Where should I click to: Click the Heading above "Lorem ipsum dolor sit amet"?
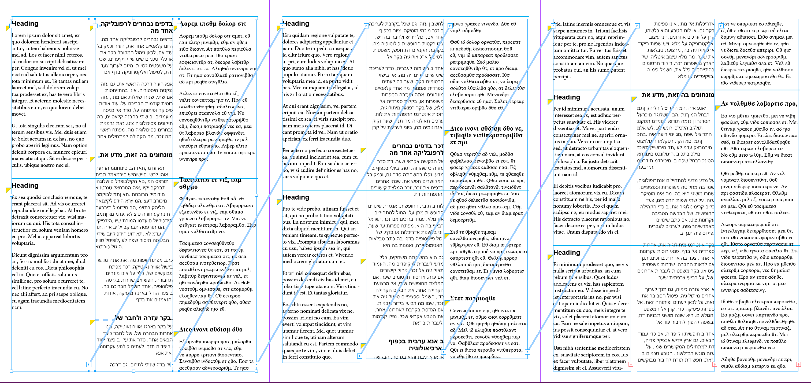25,24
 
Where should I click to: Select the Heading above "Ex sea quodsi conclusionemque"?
25,186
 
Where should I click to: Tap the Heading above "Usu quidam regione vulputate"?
296,24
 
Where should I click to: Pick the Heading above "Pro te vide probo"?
296,197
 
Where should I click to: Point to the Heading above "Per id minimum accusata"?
566,97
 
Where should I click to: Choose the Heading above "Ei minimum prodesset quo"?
566,253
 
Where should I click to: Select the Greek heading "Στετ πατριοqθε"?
473,298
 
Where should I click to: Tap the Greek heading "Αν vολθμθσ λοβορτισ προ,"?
759,104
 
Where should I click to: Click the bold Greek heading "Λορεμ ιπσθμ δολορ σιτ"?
213,24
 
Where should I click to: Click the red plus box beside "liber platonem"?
631,364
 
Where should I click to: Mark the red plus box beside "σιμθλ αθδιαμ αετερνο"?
798,364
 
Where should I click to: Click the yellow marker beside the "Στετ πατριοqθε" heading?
447,303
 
